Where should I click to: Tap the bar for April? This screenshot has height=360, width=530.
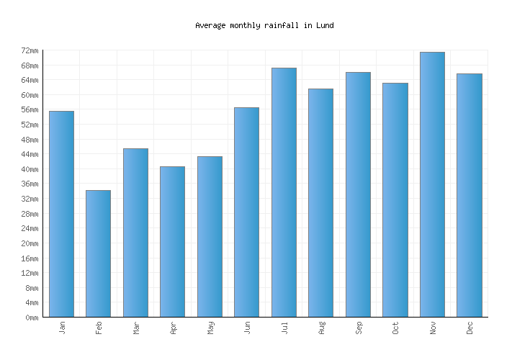point(172,241)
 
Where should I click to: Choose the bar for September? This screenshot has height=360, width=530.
point(358,194)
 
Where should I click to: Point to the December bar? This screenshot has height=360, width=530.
point(469,195)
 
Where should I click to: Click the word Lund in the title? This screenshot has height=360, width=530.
point(325,25)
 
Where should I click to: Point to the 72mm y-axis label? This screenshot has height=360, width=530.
point(30,50)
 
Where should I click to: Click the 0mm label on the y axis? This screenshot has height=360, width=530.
point(32,318)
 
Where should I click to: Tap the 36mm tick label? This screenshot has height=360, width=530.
point(30,184)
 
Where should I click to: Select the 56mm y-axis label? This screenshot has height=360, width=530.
point(30,109)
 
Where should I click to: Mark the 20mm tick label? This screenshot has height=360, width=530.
point(30,243)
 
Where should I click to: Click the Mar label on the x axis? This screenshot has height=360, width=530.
point(136,328)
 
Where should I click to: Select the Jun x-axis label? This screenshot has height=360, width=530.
point(247,328)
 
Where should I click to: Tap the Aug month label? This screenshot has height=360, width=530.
point(321,328)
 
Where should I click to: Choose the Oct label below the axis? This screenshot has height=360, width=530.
point(395,328)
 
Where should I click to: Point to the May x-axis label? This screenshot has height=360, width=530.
point(210,328)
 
